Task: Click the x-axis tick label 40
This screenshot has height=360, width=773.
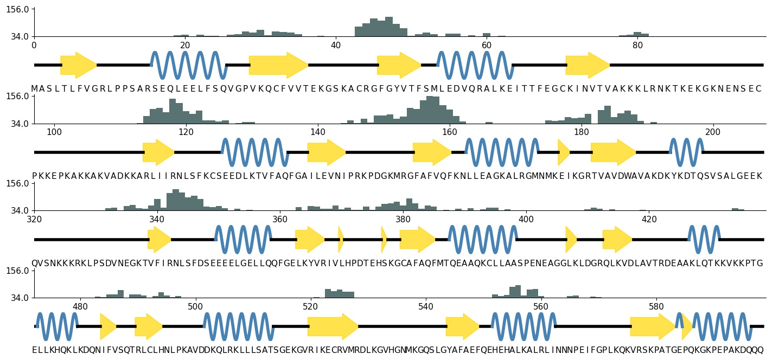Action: [336, 45]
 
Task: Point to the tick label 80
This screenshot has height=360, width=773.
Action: [637, 45]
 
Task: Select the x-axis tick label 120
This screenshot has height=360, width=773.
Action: [186, 132]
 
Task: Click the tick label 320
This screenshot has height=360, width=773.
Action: [34, 219]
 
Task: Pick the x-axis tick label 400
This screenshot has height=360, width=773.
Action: [526, 219]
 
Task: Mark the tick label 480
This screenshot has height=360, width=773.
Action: [80, 306]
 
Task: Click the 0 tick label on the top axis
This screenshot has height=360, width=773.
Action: [34, 45]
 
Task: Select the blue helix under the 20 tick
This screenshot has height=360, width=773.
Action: [188, 65]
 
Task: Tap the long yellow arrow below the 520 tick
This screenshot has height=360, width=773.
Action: [333, 326]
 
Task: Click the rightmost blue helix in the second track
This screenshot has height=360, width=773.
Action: [686, 152]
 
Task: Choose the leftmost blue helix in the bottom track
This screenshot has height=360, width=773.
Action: [56, 326]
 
